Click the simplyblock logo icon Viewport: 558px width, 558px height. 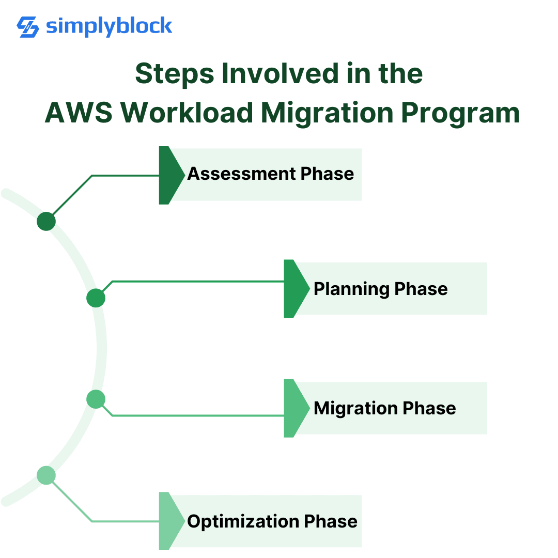28,27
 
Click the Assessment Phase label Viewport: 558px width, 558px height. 270,174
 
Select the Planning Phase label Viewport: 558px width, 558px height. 380,288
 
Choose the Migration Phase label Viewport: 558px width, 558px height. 384,408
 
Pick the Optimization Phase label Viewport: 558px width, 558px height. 272,521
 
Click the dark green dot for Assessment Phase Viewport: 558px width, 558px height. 47,222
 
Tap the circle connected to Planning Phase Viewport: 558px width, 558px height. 96,298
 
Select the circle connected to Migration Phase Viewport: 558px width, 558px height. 96,399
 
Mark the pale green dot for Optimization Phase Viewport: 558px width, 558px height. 47,475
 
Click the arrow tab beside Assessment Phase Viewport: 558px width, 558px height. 169,175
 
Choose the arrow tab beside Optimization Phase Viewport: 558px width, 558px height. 169,521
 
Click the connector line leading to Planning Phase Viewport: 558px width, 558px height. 196,282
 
